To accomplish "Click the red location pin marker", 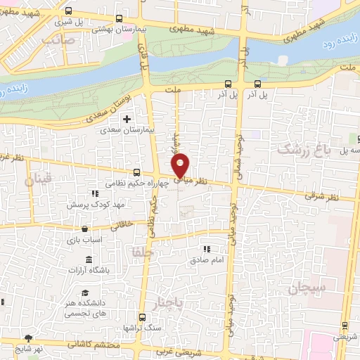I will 181,165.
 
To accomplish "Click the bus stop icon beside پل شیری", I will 67,11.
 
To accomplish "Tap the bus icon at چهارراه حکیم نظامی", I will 136,172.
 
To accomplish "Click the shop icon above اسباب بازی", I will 84,229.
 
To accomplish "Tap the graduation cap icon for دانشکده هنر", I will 85,292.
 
